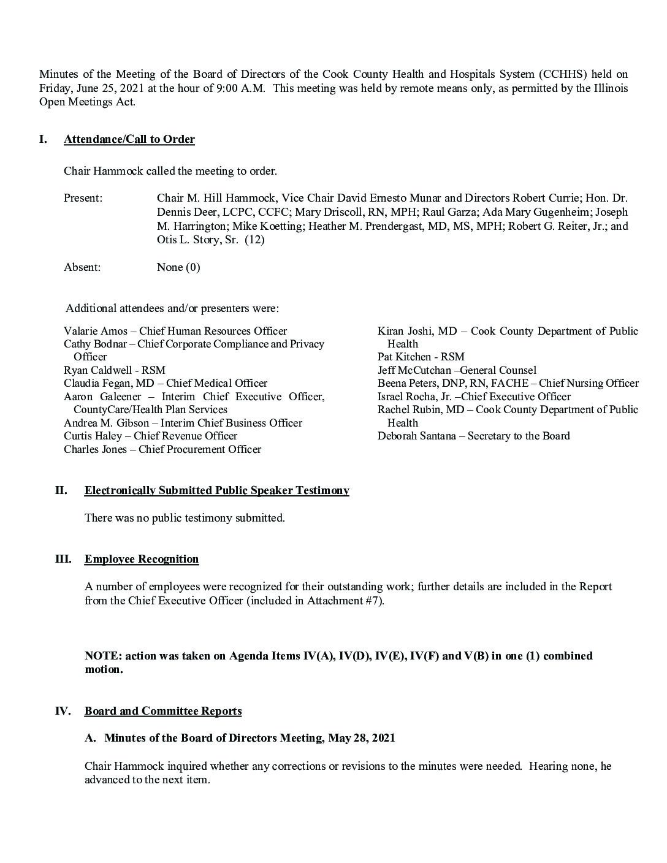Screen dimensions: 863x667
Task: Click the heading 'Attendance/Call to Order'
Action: coord(129,139)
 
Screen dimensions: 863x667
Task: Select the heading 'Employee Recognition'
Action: coord(142,559)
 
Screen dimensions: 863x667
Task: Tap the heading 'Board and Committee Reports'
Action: coord(163,711)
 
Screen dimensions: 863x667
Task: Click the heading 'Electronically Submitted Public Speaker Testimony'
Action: coord(217,490)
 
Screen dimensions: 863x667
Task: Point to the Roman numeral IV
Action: coord(63,711)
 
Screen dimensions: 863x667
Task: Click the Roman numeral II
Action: coord(61,490)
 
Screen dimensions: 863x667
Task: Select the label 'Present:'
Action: coord(83,198)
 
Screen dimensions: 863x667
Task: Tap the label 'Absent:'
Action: coord(82,267)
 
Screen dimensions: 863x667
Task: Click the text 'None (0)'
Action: coord(178,267)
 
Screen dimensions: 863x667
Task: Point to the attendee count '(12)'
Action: coord(254,240)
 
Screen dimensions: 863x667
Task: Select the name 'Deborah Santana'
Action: coord(417,436)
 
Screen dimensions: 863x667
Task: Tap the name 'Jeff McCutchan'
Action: coord(414,370)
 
